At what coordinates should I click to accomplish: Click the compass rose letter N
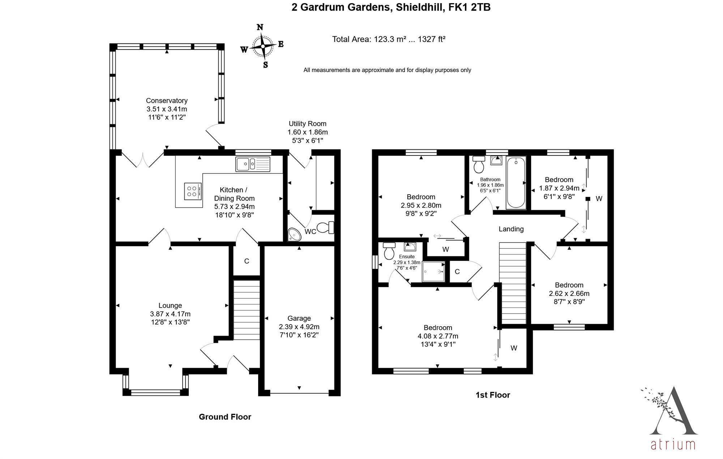pyautogui.click(x=260, y=27)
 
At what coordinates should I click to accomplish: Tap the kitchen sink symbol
pyautogui.click(x=253, y=164)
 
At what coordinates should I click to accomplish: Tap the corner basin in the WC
pyautogui.click(x=294, y=235)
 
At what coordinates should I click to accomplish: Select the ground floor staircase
pyautogui.click(x=247, y=310)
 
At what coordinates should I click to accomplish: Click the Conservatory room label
pyautogui.click(x=167, y=101)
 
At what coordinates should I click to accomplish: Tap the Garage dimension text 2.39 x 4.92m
pyautogui.click(x=299, y=327)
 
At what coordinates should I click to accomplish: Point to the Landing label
pyautogui.click(x=511, y=229)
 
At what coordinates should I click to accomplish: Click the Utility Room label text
pyautogui.click(x=307, y=124)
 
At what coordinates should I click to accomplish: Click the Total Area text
pyautogui.click(x=389, y=39)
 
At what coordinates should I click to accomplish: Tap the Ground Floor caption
pyautogui.click(x=225, y=417)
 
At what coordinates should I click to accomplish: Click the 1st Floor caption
pyautogui.click(x=493, y=395)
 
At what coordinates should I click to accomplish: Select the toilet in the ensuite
pyautogui.click(x=389, y=251)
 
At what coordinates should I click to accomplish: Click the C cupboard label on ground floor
pyautogui.click(x=247, y=261)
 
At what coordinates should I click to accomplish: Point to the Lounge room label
pyautogui.click(x=170, y=306)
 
